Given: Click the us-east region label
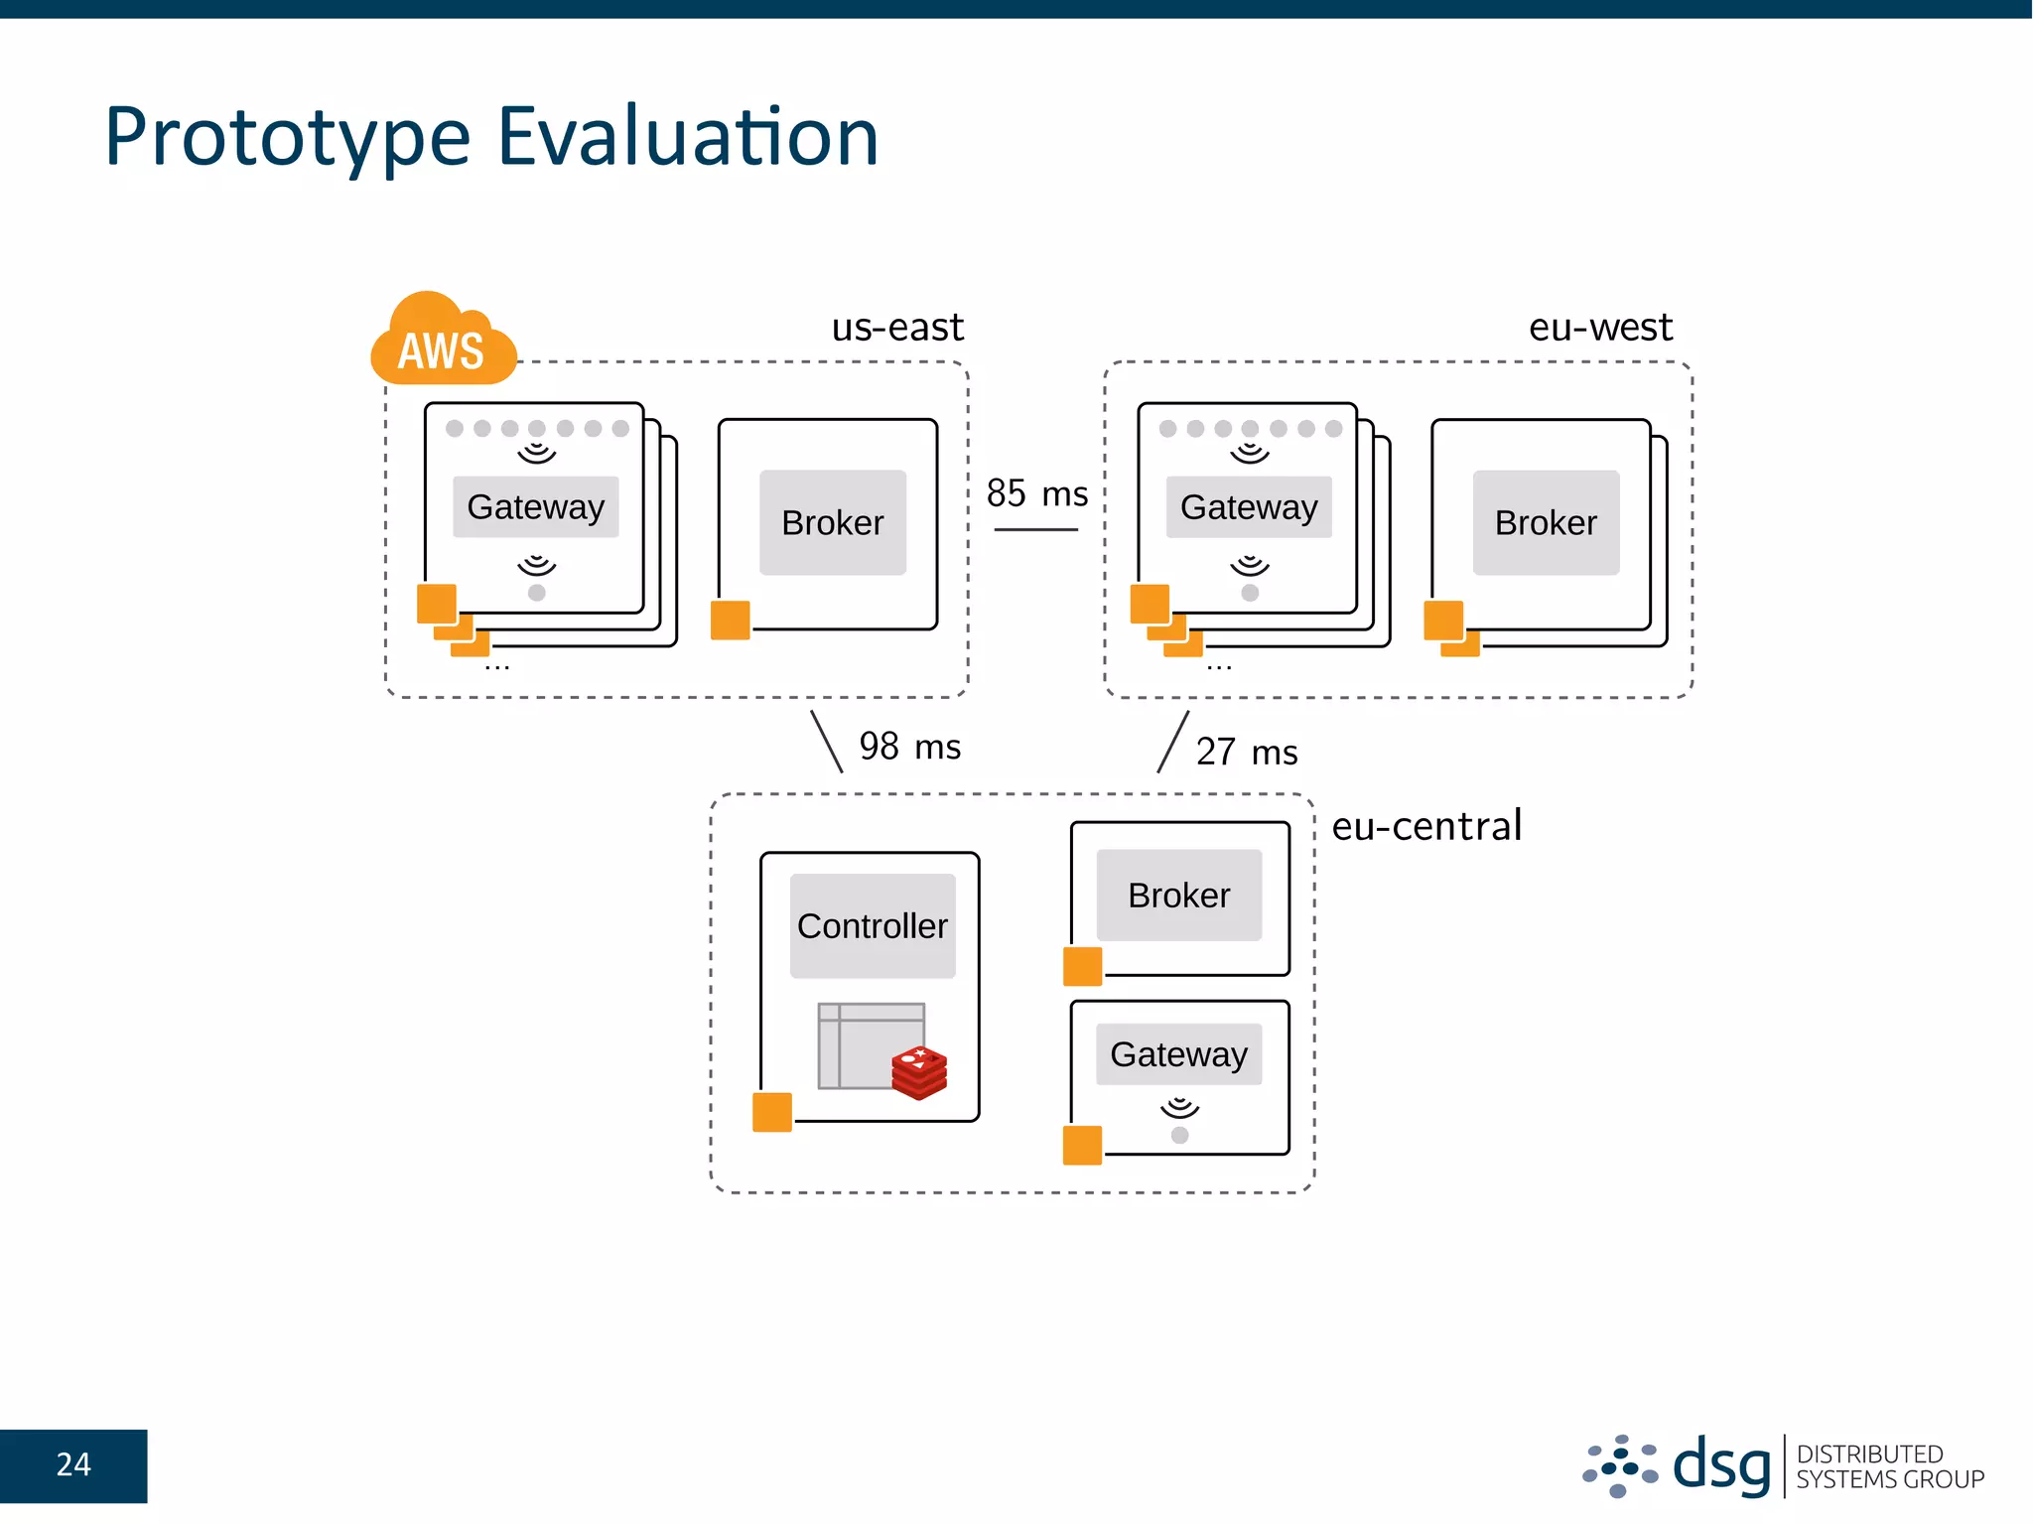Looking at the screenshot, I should pyautogui.click(x=896, y=327).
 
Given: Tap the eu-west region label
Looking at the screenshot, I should pyautogui.click(x=1599, y=327).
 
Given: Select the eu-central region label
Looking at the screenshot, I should pyautogui.click(x=1425, y=825).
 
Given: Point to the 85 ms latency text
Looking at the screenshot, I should pyautogui.click(x=1036, y=493).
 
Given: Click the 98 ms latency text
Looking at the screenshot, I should pyautogui.click(x=909, y=747).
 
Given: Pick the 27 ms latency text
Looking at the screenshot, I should pyautogui.click(x=1246, y=752).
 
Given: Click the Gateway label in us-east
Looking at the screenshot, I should pyautogui.click(x=535, y=507).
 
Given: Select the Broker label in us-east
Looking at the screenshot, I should pyautogui.click(x=832, y=522).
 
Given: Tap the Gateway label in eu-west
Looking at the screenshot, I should pyautogui.click(x=1248, y=507).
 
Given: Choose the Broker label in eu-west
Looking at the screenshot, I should pyautogui.click(x=1545, y=522).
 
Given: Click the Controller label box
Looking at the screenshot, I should pyautogui.click(x=872, y=925).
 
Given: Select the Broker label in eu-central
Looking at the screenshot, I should pyautogui.click(x=1178, y=896).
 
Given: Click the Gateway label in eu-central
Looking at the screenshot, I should pyautogui.click(x=1178, y=1054).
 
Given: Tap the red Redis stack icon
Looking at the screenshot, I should pyautogui.click(x=919, y=1072).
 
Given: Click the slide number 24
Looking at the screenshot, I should pyautogui.click(x=73, y=1464).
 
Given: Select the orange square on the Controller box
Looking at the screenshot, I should pyautogui.click(x=771, y=1112).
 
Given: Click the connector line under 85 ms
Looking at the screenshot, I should pyautogui.click(x=1035, y=530).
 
